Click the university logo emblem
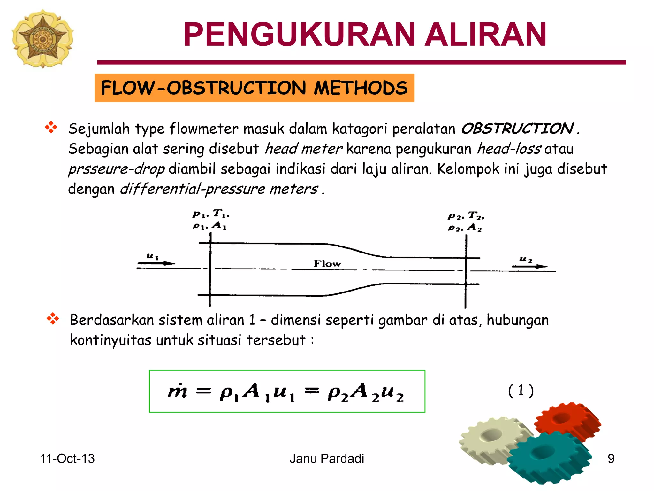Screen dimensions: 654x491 click(42, 38)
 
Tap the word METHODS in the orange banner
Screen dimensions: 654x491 click(361, 88)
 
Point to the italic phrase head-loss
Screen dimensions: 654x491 click(509, 149)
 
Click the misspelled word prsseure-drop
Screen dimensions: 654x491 click(117, 169)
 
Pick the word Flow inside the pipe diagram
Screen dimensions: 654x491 click(327, 264)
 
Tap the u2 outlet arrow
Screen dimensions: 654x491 click(529, 266)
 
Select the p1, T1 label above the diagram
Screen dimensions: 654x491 click(211, 214)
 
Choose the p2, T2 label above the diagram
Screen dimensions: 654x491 click(466, 216)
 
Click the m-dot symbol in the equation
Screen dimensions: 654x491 click(178, 391)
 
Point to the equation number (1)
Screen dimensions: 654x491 click(521, 390)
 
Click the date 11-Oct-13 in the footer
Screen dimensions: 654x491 click(67, 459)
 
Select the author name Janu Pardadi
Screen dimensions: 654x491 click(327, 459)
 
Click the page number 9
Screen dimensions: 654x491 click(611, 459)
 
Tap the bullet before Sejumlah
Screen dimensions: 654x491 click(51, 128)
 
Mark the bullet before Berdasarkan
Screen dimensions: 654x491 click(53, 319)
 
